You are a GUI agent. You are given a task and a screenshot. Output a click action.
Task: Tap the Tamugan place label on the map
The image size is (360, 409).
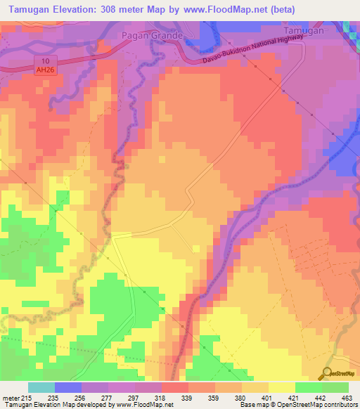click(x=304, y=32)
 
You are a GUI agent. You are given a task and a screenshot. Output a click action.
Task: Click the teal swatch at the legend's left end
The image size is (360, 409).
click(x=41, y=387)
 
